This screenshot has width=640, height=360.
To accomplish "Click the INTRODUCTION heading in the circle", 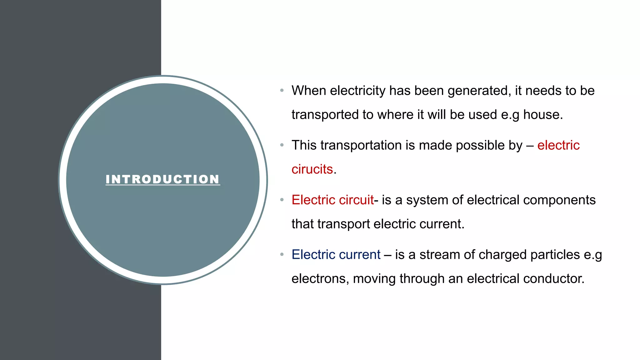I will click(162, 179).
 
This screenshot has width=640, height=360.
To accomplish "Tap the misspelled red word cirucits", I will click(312, 169).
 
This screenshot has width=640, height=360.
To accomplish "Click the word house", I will click(542, 115).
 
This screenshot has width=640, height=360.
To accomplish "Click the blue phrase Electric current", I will click(336, 255).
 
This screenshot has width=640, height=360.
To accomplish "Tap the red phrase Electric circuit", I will click(332, 200).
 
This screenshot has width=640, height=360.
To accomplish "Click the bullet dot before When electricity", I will click(282, 91).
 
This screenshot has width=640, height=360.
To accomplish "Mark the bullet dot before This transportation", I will click(282, 145).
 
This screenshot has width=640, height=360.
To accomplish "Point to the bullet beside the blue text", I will click(282, 255).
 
